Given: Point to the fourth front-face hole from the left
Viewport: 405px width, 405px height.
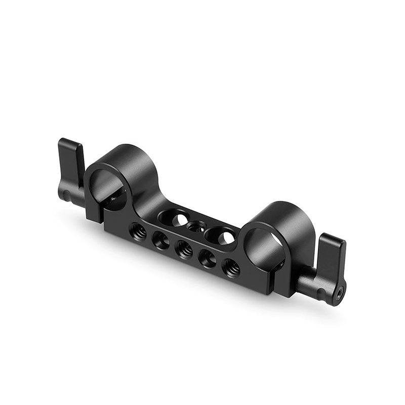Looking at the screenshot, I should pos(208,257).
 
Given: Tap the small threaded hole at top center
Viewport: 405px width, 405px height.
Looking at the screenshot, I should pos(193,226).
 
